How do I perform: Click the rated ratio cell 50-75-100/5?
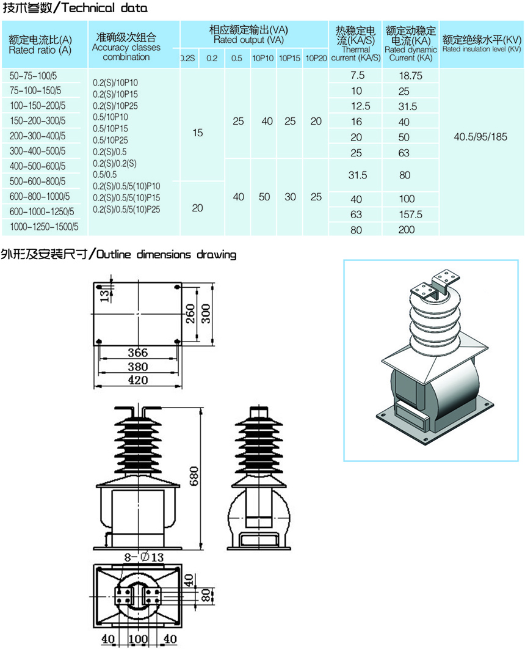click(38, 76)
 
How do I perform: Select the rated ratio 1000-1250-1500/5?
click(45, 227)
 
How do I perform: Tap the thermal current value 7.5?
click(357, 76)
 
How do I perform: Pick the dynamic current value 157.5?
click(410, 215)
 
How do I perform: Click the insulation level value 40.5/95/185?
click(480, 136)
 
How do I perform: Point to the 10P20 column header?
click(316, 59)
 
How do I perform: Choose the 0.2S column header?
click(187, 59)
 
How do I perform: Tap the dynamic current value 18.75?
click(410, 76)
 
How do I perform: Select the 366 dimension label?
click(137, 353)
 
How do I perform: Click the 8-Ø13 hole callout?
click(145, 557)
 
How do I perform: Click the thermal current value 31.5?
click(357, 175)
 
